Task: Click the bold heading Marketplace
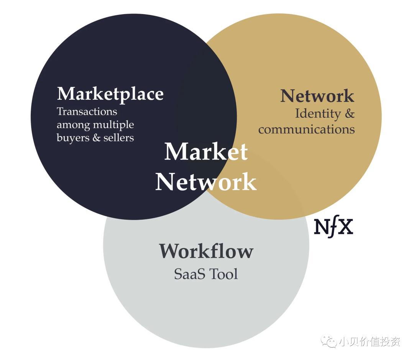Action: point(110,94)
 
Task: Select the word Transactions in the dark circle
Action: point(87,112)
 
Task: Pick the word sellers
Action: point(118,138)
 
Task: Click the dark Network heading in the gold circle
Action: point(317,96)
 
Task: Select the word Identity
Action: point(318,114)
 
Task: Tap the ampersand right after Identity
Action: point(349,114)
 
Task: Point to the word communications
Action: point(306,129)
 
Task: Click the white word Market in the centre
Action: point(206,152)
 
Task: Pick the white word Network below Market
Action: point(206,182)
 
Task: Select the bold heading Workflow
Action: point(206,251)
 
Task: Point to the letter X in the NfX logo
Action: point(346,227)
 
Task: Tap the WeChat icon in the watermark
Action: point(329,341)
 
